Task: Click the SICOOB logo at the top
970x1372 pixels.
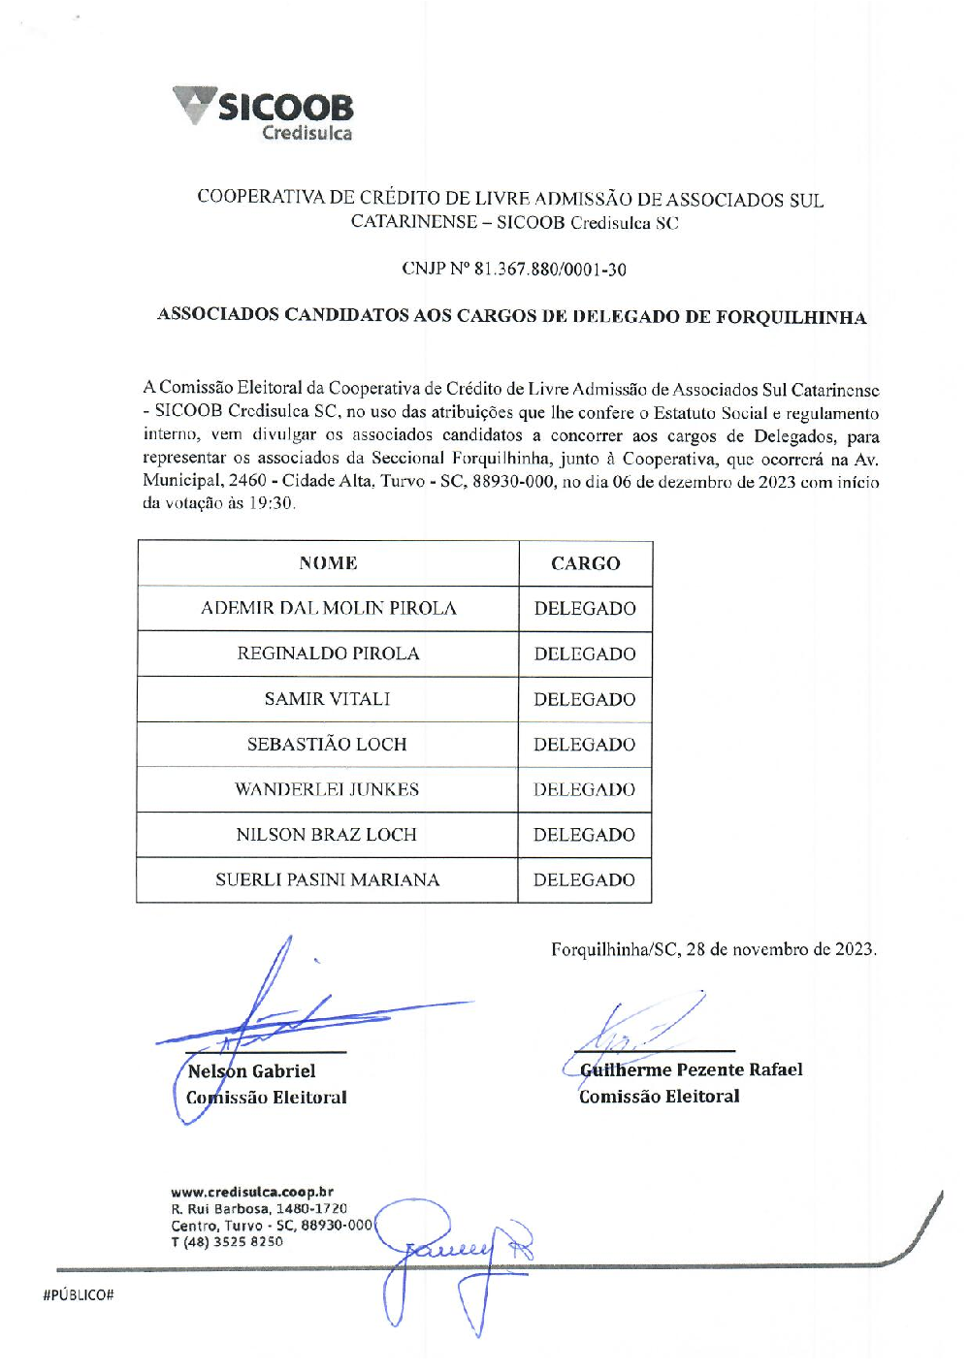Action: point(264,113)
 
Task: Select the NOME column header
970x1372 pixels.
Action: point(328,563)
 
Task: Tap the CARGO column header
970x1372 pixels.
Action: point(585,563)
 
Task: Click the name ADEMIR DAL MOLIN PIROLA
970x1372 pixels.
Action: point(328,609)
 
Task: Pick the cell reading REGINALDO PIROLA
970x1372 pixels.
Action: point(328,654)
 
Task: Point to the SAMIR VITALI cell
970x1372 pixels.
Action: point(328,699)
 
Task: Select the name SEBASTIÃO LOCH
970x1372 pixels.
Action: point(327,745)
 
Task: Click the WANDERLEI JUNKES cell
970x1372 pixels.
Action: point(327,789)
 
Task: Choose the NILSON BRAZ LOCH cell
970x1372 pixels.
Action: point(327,835)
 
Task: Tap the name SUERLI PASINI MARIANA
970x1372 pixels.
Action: point(327,879)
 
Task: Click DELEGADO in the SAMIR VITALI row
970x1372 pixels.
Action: point(585,699)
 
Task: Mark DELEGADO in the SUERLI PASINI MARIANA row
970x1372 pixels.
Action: point(585,879)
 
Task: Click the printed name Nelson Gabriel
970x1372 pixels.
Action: point(252,1071)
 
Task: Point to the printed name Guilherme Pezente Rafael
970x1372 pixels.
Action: point(692,1069)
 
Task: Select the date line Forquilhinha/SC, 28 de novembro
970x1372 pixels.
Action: point(713,949)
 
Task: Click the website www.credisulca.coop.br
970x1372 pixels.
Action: point(252,1192)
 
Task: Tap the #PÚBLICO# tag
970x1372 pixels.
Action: point(79,1295)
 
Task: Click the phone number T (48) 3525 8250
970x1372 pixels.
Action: point(227,1241)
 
